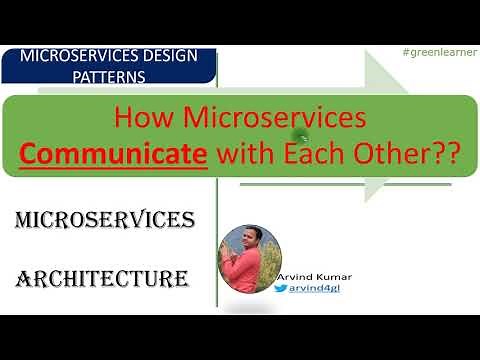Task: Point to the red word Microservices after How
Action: (x=280, y=119)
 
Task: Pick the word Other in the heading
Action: (x=377, y=155)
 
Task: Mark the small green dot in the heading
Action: (x=296, y=134)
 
